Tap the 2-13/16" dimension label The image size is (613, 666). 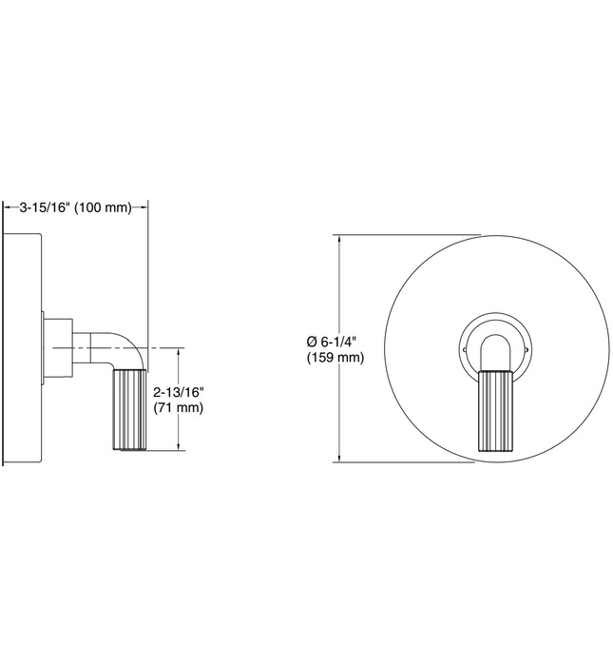point(179,392)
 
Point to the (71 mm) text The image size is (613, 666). point(177,408)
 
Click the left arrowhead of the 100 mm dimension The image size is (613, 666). point(8,207)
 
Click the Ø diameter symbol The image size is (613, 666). point(311,341)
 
